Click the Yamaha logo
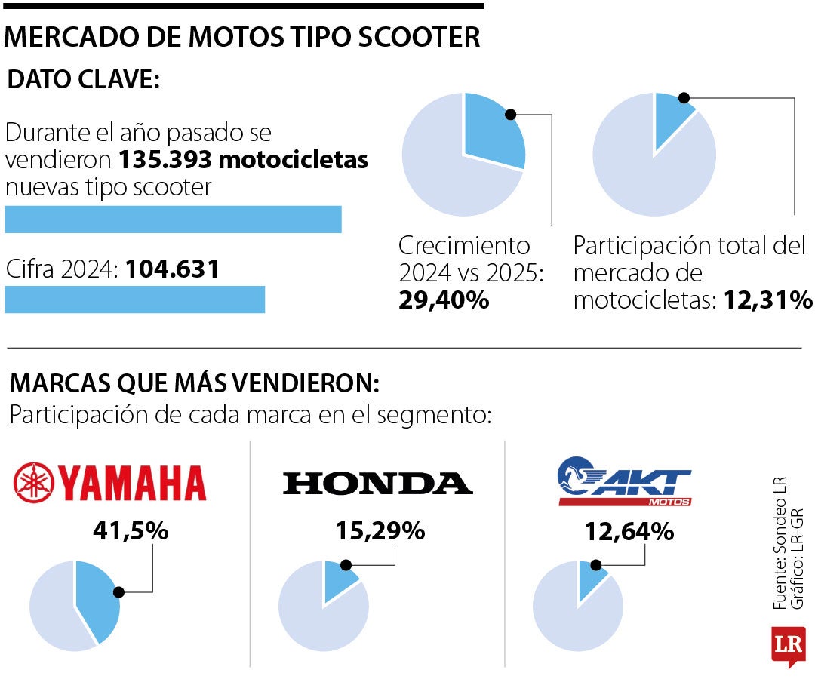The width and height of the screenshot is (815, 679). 110,483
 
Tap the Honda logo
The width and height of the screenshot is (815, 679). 377,484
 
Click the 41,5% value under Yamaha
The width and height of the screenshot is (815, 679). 130,531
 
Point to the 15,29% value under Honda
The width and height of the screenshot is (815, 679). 380,531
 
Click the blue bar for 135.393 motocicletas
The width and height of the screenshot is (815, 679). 173,219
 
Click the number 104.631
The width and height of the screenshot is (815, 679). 172,269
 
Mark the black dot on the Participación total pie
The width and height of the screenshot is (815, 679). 684,98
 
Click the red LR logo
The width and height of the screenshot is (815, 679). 789,646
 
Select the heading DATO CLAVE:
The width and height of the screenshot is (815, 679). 83,80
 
